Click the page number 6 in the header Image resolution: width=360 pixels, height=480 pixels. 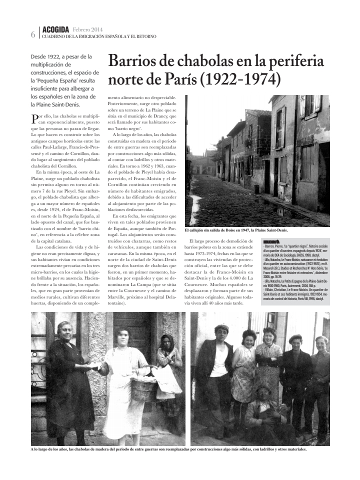[33, 34]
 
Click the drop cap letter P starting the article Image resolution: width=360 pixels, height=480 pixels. [34, 118]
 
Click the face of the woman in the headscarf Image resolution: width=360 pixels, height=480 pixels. [167, 343]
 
